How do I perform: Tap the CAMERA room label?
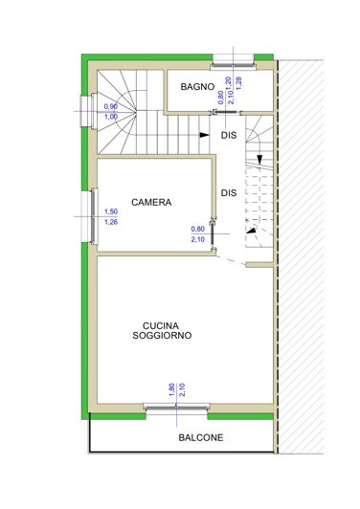pos(151,202)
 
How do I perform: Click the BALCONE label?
pos(200,438)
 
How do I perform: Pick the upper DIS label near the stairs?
pos(228,135)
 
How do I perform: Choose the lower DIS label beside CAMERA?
pos(228,192)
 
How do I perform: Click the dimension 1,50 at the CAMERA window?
pos(110,211)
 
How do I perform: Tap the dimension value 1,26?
pos(110,223)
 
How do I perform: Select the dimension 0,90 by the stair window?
pos(110,106)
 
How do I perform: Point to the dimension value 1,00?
pos(110,117)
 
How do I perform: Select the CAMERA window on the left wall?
pos(93,217)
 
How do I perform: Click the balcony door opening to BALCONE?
pos(176,408)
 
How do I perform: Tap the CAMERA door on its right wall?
pos(213,229)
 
